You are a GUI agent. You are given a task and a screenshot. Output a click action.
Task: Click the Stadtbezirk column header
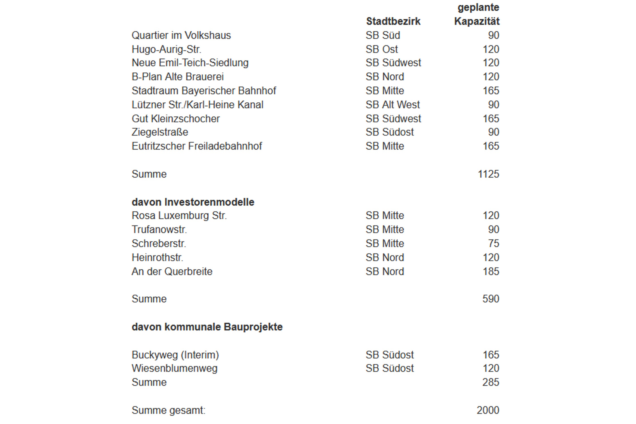393,21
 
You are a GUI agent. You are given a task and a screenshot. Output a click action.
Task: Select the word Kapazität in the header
477,21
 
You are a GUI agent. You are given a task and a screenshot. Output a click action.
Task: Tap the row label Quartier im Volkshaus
181,35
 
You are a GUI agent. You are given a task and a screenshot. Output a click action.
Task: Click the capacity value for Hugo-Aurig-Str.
491,49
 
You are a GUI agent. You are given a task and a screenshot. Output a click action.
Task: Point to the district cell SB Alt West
392,105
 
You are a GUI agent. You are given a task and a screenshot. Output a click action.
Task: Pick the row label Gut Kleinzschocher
176,119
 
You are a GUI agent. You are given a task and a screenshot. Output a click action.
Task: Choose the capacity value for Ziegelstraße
494,132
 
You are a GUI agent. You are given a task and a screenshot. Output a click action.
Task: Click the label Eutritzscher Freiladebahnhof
197,146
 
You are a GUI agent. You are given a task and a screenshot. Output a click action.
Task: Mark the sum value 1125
488,174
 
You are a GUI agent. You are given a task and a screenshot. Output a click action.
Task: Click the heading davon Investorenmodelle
193,202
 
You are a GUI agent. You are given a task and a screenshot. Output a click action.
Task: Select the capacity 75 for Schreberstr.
494,243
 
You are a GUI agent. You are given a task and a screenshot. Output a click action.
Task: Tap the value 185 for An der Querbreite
491,271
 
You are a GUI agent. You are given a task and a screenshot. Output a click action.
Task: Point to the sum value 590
491,299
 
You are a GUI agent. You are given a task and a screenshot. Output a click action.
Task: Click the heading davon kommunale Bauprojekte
207,327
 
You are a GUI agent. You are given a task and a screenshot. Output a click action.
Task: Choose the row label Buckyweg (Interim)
175,355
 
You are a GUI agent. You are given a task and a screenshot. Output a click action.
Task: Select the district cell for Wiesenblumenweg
390,368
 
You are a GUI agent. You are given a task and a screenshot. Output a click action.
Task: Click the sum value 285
491,382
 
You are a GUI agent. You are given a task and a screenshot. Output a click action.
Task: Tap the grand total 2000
488,410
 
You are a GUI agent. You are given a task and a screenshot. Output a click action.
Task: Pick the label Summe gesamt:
168,410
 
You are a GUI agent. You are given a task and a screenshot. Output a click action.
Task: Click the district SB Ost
382,49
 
